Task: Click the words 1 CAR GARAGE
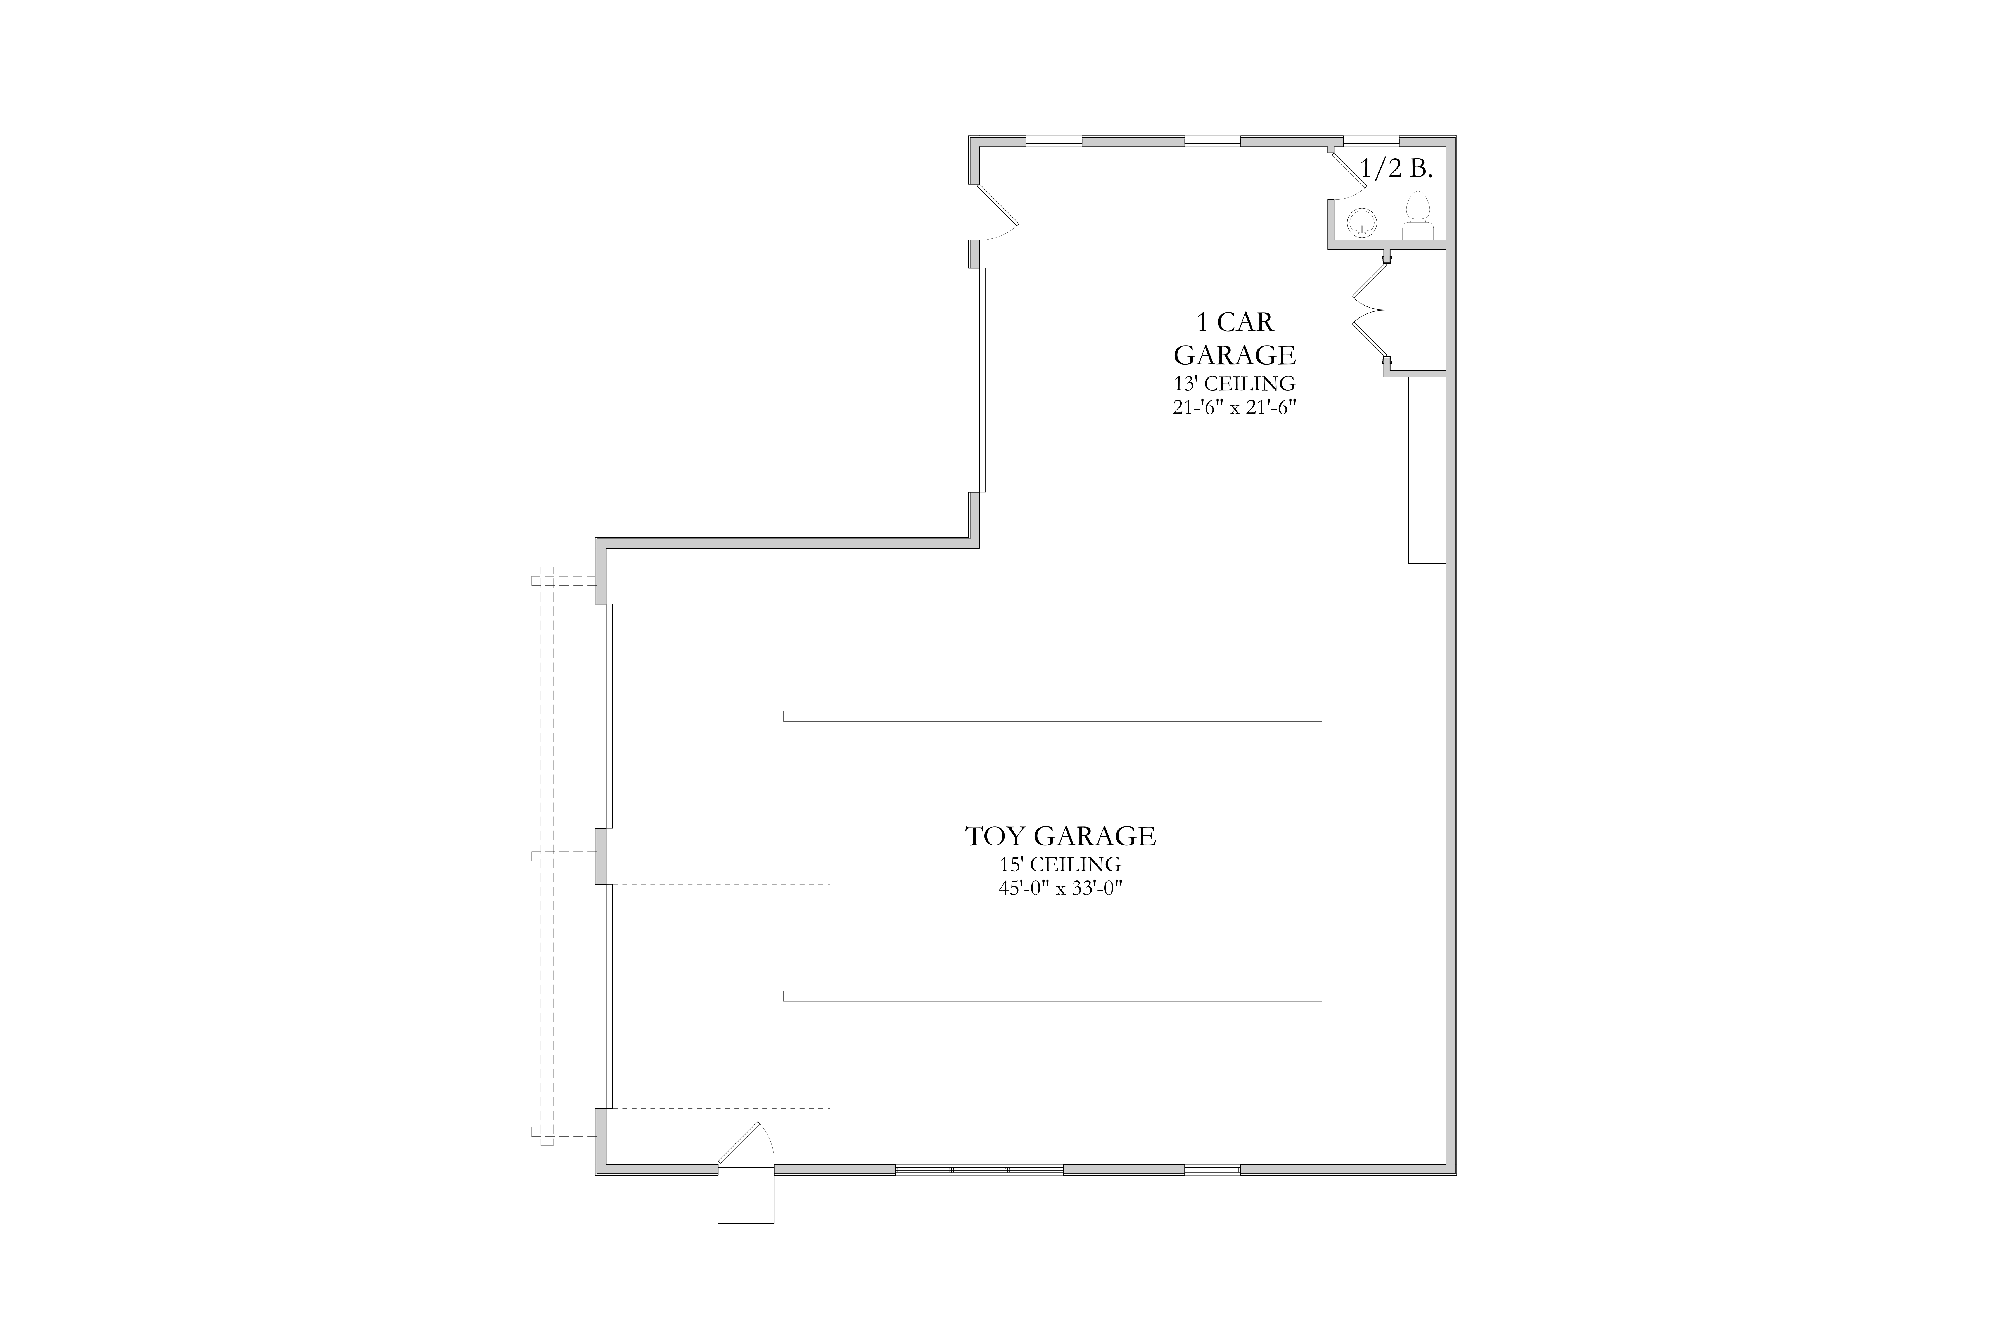coord(1234,338)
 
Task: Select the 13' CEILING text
coord(1234,383)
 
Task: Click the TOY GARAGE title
coord(1061,836)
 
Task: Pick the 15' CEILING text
coord(1061,864)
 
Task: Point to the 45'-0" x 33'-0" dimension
coord(1061,889)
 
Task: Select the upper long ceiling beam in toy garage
coord(1052,716)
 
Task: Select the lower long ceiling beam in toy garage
coord(1052,996)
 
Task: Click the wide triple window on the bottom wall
coord(979,1169)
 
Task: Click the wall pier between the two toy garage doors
coord(601,856)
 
